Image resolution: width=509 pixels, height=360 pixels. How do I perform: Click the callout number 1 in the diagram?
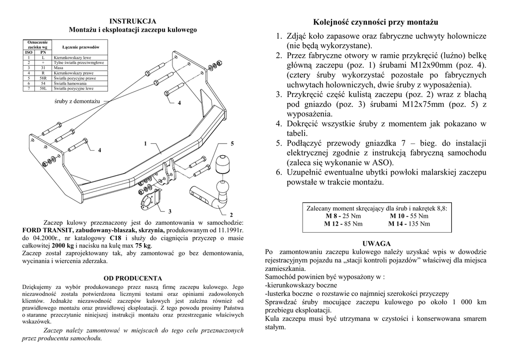pos(146,144)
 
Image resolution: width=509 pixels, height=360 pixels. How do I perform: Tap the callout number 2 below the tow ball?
pos(231,215)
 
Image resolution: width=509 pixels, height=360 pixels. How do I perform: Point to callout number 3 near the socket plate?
pos(170,211)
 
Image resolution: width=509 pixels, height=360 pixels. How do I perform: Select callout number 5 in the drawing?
pos(232,144)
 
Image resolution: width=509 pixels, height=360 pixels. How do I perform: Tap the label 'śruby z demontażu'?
pos(77,101)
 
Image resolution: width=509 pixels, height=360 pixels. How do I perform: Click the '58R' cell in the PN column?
pos(43,79)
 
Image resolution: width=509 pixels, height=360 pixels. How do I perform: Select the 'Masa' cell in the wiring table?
pos(59,68)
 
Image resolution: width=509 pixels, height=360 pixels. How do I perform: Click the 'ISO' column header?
pos(28,52)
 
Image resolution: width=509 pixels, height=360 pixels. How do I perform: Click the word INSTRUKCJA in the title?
pos(133,21)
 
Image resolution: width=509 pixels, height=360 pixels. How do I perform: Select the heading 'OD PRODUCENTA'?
pos(133,278)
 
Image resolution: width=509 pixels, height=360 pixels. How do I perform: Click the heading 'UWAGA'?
pos(376,244)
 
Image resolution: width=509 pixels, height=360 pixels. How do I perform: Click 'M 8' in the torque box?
pos(332,216)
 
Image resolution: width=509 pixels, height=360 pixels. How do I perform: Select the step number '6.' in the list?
pos(279,173)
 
